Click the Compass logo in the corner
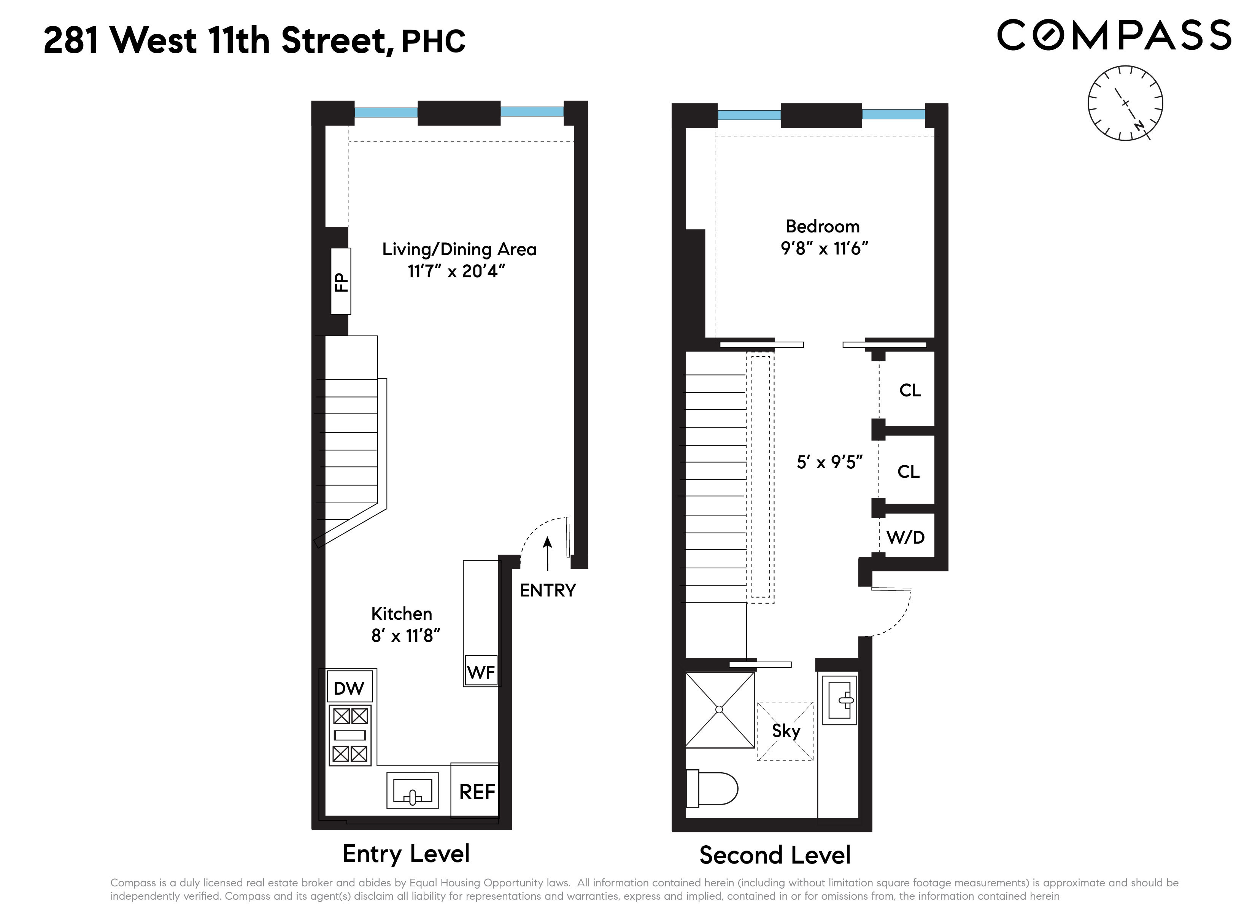click(x=1114, y=35)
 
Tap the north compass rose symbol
click(x=1125, y=103)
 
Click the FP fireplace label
click(x=341, y=282)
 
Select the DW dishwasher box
click(x=349, y=688)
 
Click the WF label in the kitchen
click(x=481, y=672)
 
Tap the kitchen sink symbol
click(x=412, y=791)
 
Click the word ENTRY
click(x=548, y=590)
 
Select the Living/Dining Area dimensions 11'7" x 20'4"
click(x=456, y=271)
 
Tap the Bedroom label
click(x=822, y=226)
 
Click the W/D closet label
click(x=905, y=537)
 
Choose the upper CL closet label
click(x=910, y=390)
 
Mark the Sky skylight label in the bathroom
click(x=786, y=731)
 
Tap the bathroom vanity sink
click(x=840, y=700)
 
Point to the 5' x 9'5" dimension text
click(x=829, y=462)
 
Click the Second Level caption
click(x=775, y=856)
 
